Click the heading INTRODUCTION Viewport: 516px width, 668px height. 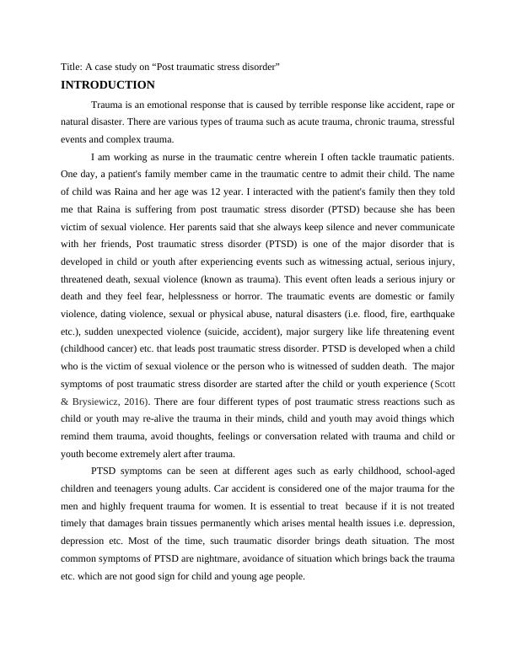108,85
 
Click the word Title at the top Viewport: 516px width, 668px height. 73,67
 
